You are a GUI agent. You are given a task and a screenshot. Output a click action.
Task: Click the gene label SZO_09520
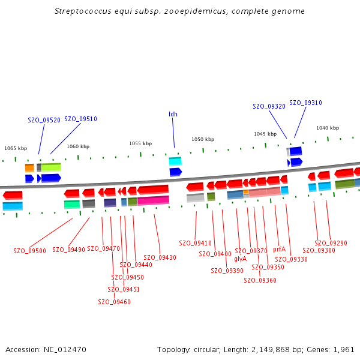click(44, 120)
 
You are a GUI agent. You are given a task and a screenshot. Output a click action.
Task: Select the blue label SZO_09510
click(80, 119)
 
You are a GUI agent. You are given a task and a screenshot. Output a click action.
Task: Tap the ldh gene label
click(173, 114)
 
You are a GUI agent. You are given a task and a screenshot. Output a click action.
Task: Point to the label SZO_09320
click(269, 106)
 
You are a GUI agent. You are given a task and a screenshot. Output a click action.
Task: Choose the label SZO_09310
click(305, 103)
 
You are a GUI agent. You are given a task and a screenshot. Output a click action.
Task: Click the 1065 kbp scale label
click(16, 148)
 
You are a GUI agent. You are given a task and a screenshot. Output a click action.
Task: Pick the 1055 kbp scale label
click(140, 143)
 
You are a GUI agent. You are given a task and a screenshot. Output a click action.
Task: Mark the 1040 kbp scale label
click(328, 128)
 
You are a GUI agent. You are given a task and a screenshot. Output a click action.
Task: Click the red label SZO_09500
click(29, 251)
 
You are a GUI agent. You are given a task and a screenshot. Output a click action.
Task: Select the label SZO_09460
click(114, 302)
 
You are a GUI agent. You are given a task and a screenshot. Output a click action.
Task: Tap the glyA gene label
click(240, 259)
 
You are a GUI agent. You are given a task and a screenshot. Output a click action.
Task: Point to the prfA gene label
click(279, 249)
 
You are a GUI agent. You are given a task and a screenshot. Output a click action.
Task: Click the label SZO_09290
click(331, 243)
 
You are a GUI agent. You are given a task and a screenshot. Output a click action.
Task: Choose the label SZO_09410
click(195, 243)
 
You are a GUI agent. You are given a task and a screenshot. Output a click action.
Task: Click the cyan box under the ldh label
click(175, 161)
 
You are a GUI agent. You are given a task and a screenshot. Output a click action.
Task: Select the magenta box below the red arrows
click(153, 200)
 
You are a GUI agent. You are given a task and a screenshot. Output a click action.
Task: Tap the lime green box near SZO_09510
click(51, 167)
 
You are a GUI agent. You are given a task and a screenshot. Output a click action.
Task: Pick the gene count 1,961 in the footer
click(344, 349)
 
